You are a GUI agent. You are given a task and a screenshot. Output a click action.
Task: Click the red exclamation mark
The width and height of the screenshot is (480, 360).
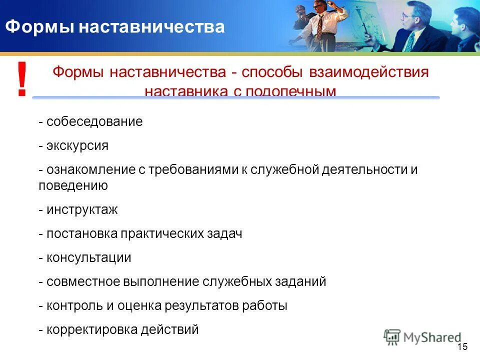(x=21, y=79)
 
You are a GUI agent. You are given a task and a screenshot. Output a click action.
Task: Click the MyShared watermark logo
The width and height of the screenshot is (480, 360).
(x=422, y=337)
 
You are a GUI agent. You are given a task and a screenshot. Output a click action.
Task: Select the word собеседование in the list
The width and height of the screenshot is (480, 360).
(x=94, y=122)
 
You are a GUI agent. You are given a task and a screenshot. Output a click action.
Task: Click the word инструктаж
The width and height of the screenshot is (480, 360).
(x=82, y=210)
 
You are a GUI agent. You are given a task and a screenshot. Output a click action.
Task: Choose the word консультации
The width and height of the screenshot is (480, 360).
(x=88, y=258)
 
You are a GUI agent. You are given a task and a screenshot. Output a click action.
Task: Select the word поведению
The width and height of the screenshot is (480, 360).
(x=73, y=186)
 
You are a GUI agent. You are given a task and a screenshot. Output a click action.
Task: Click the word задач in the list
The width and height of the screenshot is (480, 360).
(x=225, y=234)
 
